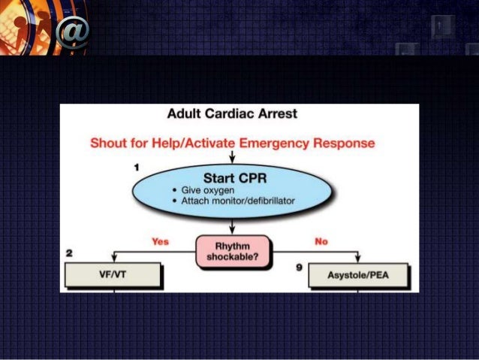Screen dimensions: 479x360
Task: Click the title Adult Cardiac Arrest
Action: [x=232, y=114]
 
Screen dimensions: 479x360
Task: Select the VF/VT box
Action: [x=113, y=275]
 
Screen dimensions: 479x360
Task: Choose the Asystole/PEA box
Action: [x=358, y=276]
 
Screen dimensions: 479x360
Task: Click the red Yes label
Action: [x=160, y=242]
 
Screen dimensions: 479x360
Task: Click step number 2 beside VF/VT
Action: [x=69, y=254]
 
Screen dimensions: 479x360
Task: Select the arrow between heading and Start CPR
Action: [x=232, y=156]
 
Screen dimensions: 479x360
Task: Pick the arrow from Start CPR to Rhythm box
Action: [x=232, y=225]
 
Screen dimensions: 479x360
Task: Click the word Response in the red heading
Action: [x=348, y=142]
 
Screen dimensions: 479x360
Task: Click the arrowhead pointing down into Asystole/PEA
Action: [x=358, y=260]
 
